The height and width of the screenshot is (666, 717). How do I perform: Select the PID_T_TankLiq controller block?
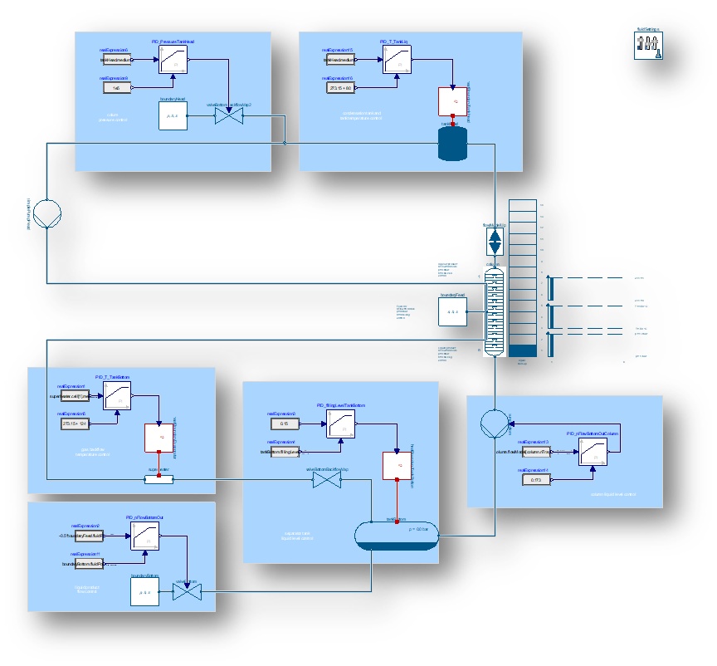(397, 60)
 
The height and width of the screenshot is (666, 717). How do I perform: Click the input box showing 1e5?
(117, 86)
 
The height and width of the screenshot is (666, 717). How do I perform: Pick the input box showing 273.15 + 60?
(340, 86)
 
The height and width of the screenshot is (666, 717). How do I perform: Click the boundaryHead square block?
(173, 115)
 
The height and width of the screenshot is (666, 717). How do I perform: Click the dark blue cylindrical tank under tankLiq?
(452, 144)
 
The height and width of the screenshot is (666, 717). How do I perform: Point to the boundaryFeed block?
(452, 311)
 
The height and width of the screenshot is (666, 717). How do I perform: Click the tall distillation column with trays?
(496, 311)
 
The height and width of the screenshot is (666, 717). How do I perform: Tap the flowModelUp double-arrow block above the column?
(495, 242)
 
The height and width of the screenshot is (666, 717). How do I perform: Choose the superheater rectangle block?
(158, 478)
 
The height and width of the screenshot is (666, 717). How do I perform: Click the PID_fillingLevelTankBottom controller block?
(340, 422)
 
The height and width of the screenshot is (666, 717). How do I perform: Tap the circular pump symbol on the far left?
(47, 213)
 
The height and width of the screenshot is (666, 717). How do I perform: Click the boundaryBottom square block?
(144, 591)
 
